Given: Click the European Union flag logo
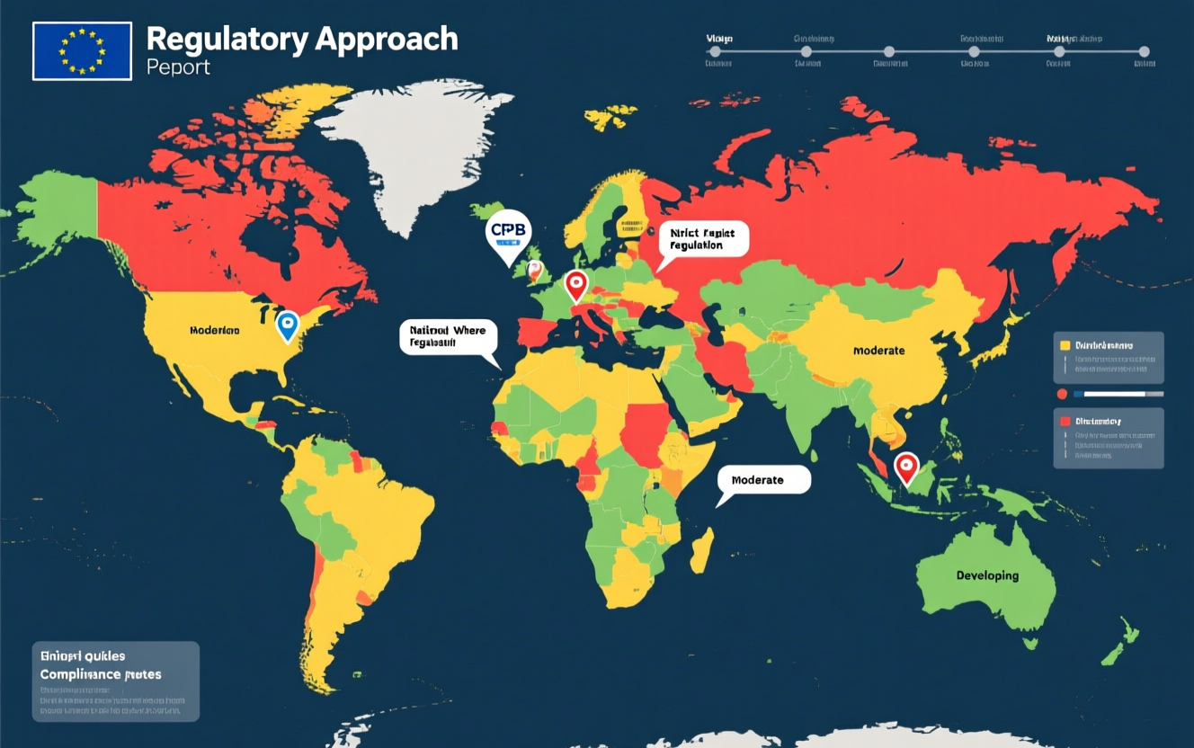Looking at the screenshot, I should tap(82, 51).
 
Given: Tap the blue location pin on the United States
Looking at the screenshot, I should tap(287, 325).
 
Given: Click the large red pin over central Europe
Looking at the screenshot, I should tap(575, 285).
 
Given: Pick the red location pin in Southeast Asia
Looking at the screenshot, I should tap(906, 467).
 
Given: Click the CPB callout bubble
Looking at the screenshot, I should tap(508, 231).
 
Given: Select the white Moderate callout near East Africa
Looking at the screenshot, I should tap(763, 479).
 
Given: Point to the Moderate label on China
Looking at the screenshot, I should tap(878, 350).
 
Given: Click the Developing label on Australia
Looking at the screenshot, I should tap(987, 575).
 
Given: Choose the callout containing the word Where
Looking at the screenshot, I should tap(447, 336).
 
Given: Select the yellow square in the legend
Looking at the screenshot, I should tap(1065, 345).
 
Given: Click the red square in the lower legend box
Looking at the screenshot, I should tap(1065, 421).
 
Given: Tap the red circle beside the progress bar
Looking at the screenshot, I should tap(1062, 394).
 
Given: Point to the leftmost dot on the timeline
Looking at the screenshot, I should tap(715, 51).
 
